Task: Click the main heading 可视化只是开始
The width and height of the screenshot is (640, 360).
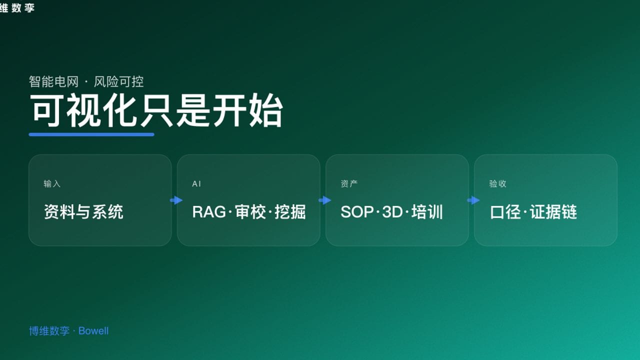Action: (x=156, y=111)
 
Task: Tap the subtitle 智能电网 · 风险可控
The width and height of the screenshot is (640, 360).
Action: (x=86, y=81)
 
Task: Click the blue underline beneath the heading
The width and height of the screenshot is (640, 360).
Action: (x=91, y=134)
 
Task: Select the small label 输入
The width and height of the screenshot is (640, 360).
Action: (x=52, y=184)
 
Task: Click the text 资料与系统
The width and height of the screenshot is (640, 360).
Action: (x=83, y=212)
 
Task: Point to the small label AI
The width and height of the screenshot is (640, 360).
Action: (x=196, y=184)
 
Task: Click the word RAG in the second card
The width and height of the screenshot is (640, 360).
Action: (x=209, y=212)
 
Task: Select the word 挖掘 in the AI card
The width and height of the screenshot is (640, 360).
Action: (x=290, y=212)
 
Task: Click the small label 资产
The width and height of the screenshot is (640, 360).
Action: (x=349, y=184)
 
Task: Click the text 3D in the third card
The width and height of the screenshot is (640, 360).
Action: (x=392, y=212)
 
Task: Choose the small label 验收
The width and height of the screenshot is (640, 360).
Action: (x=497, y=184)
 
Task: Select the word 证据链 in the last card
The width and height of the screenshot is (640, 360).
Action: (x=553, y=212)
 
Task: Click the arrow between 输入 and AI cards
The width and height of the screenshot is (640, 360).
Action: (x=176, y=200)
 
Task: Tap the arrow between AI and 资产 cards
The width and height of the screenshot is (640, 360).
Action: (x=324, y=200)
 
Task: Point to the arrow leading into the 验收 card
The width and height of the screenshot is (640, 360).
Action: (x=473, y=200)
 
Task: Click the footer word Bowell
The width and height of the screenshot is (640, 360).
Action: (x=93, y=331)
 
